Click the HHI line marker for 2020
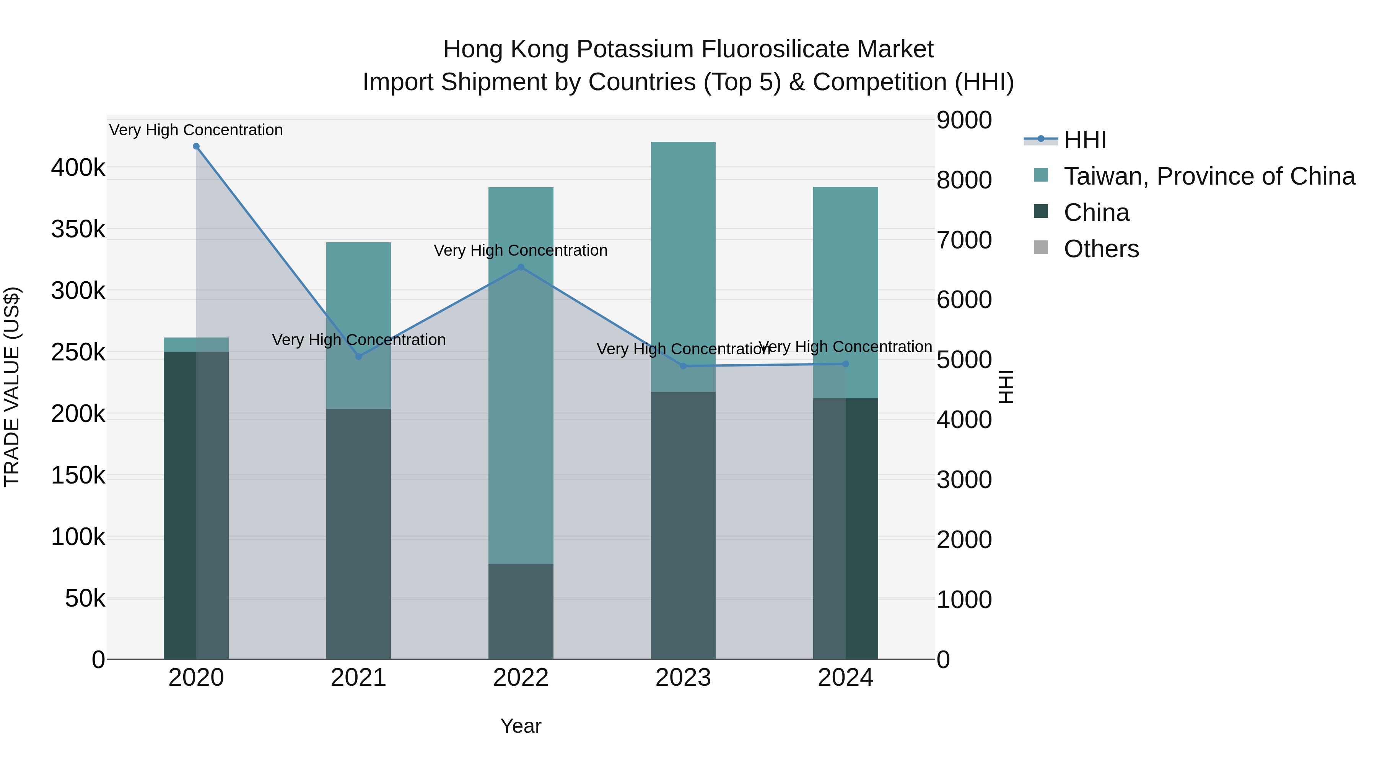tap(196, 146)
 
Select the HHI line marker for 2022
tap(521, 267)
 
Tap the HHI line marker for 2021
tap(359, 356)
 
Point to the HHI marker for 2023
tap(683, 366)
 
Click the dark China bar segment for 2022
tap(521, 611)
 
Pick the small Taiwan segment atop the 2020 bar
tap(196, 344)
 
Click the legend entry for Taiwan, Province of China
tap(1209, 176)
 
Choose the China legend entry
tap(1096, 213)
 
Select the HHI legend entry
tap(1085, 140)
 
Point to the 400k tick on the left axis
tap(78, 168)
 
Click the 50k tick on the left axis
tap(85, 599)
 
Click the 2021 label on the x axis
tap(359, 678)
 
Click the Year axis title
tap(521, 726)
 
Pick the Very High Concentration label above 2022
tap(521, 250)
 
